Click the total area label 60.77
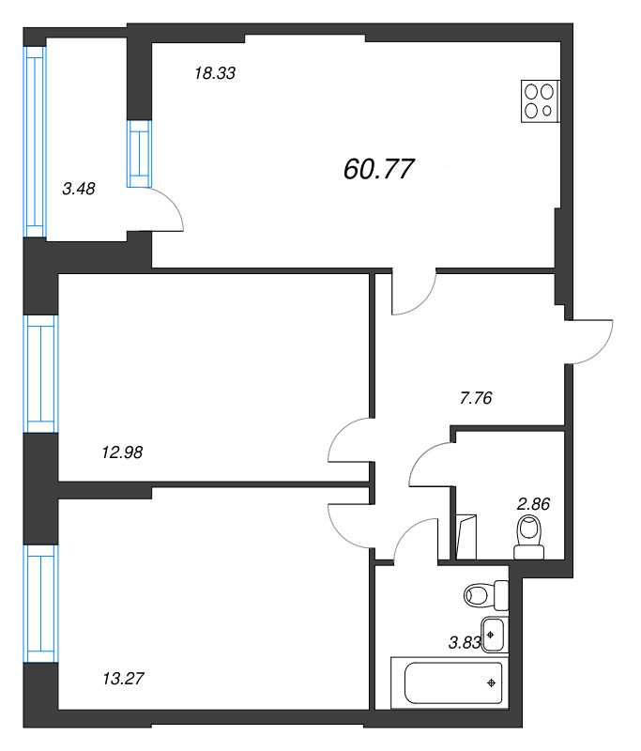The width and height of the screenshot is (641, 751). (378, 169)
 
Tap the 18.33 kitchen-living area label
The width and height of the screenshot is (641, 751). (215, 73)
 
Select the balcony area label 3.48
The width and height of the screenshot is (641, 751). (79, 189)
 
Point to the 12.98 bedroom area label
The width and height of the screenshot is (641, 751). (123, 452)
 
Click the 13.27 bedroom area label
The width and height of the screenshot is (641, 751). (124, 678)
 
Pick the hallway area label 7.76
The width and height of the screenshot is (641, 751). (476, 398)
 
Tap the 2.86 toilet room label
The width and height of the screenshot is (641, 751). (533, 504)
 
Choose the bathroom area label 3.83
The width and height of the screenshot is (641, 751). (465, 643)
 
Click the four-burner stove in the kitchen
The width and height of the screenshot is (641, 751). (540, 101)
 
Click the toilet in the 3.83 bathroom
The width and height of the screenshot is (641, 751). (486, 595)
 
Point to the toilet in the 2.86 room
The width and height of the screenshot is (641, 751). (529, 537)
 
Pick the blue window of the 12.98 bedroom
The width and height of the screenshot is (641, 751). (41, 374)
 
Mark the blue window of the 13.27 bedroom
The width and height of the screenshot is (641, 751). (41, 604)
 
